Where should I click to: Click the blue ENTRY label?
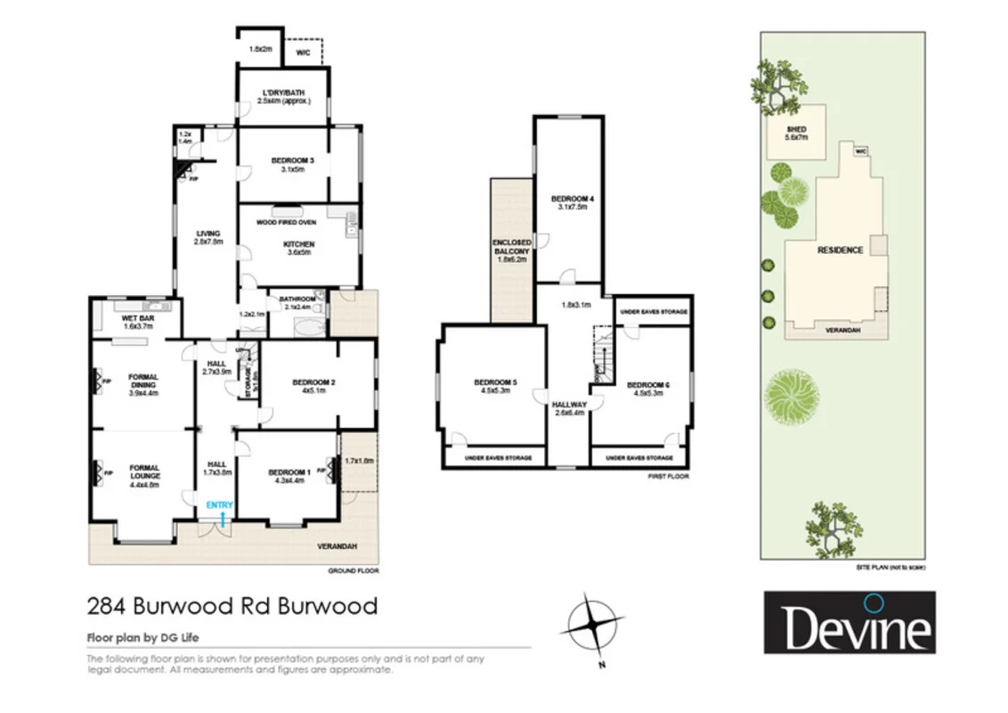(219, 505)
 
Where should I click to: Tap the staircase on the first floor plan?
(605, 356)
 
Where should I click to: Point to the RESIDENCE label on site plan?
(840, 250)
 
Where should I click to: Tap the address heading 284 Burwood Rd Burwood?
(232, 607)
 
